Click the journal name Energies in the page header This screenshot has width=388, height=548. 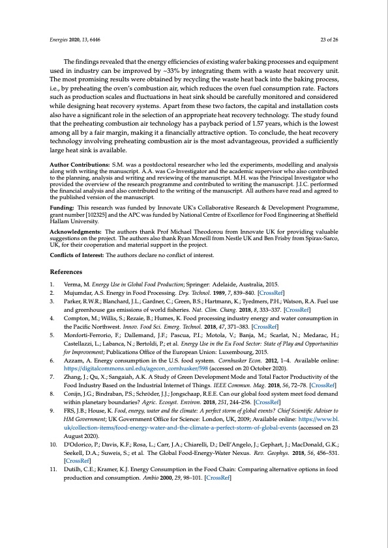pos(60,40)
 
